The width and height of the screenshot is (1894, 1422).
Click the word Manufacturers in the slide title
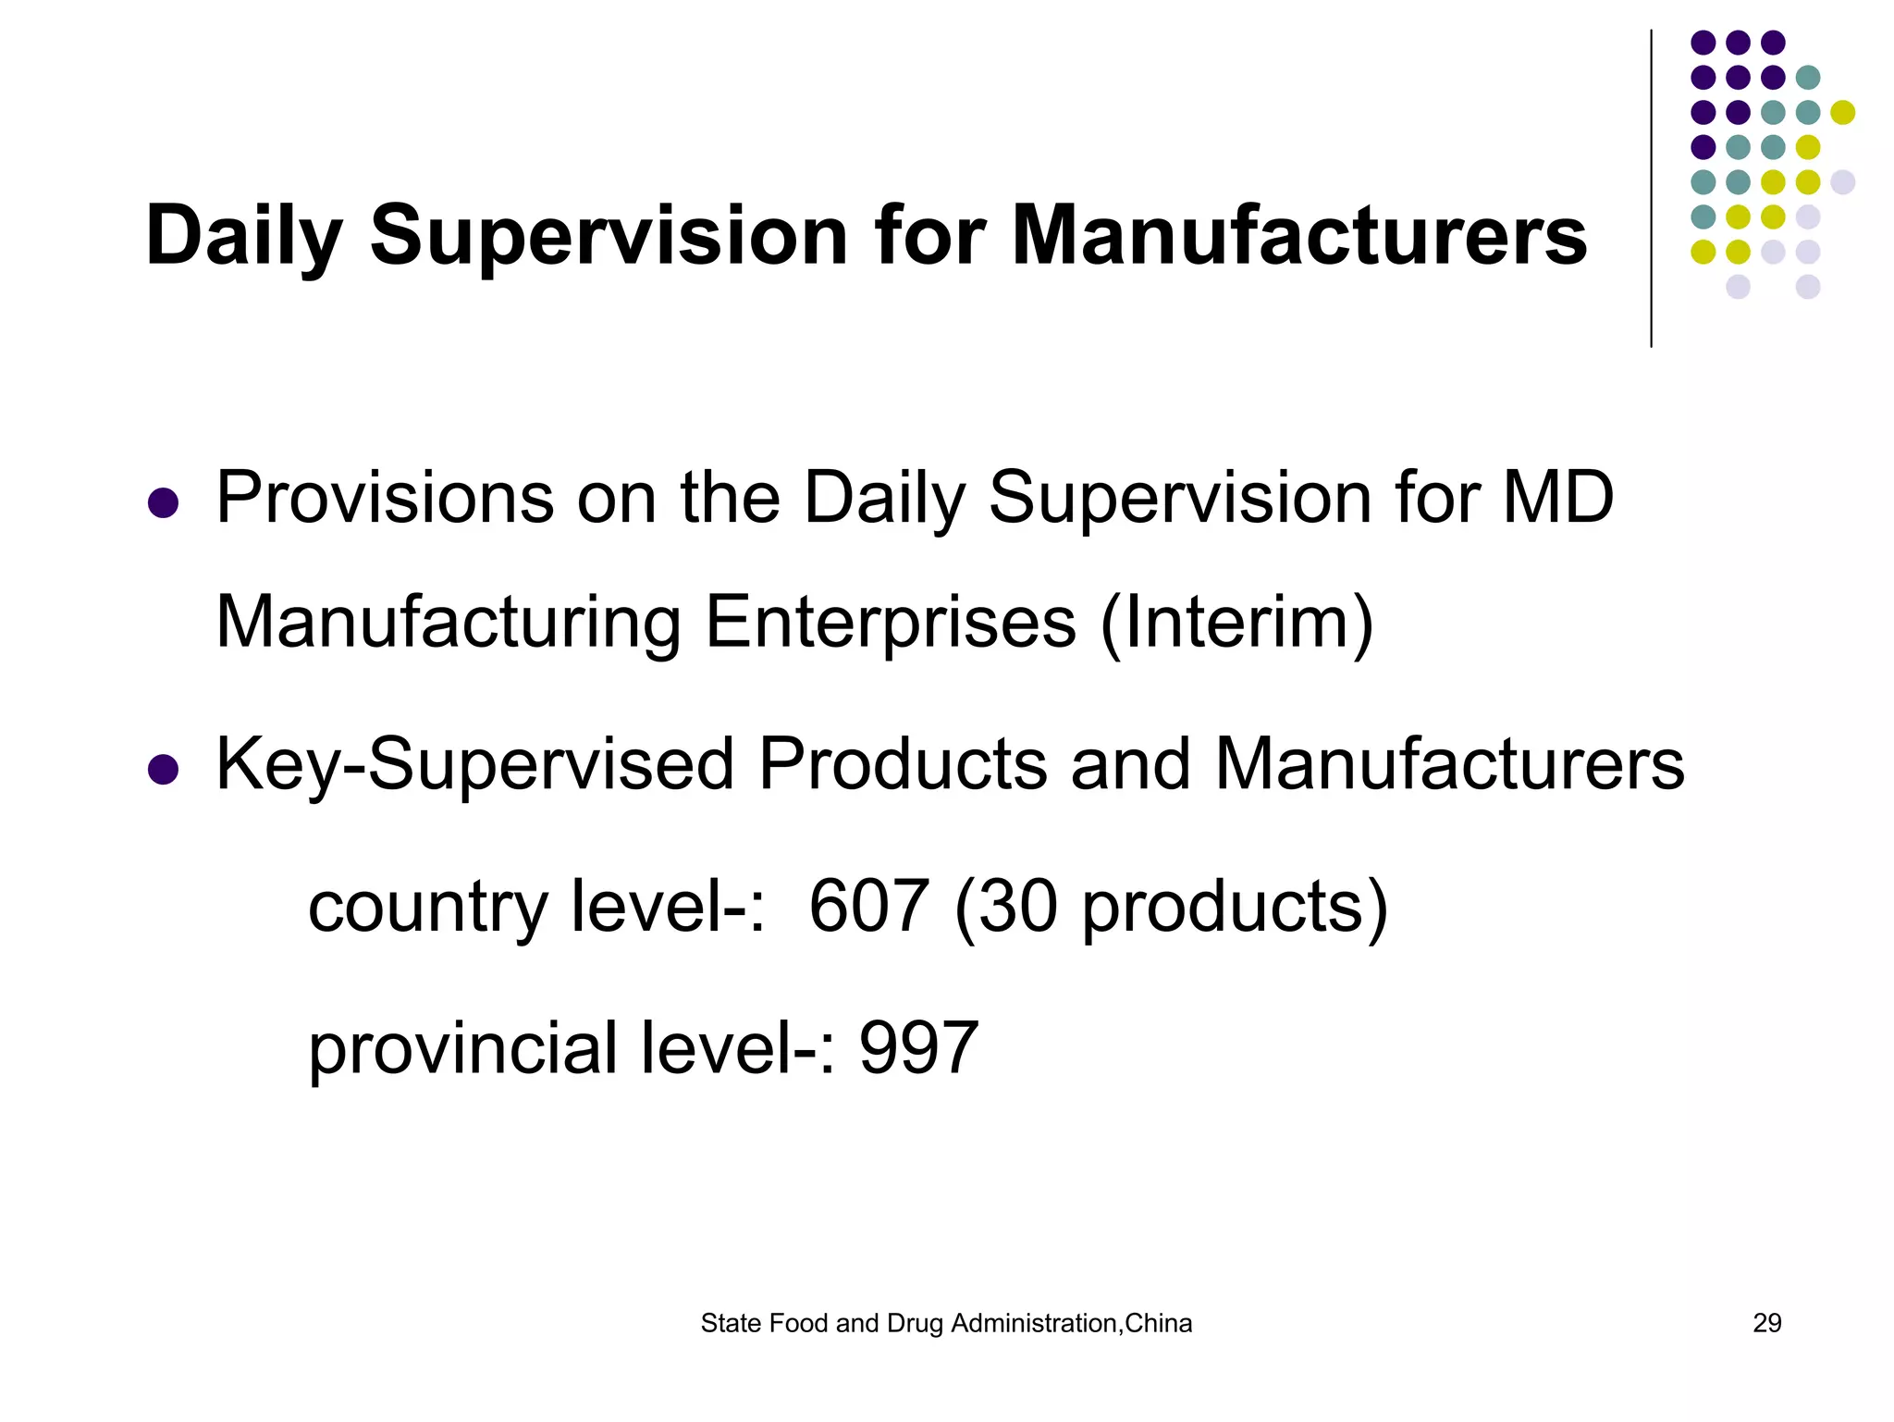pyautogui.click(x=1298, y=236)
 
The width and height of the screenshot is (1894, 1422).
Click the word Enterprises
pyautogui.click(x=891, y=622)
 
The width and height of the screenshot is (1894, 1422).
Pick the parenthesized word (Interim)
pyautogui.click(x=1236, y=622)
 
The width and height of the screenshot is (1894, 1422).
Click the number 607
pyautogui.click(x=868, y=906)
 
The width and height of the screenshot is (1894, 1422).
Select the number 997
pyautogui.click(x=918, y=1047)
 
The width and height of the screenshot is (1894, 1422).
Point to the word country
pyautogui.click(x=427, y=906)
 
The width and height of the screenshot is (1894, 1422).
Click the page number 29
pyautogui.click(x=1766, y=1323)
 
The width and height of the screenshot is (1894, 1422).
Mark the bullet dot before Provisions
pyautogui.click(x=163, y=503)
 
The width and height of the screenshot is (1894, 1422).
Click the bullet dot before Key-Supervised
pyautogui.click(x=163, y=770)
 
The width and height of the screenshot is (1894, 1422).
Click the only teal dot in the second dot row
pyautogui.click(x=1807, y=78)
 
